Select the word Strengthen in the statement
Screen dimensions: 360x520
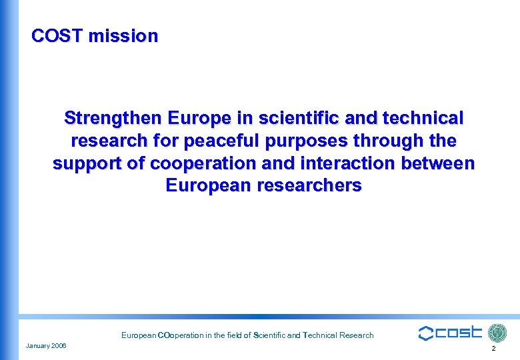pos(112,119)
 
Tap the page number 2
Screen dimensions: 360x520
pos(493,349)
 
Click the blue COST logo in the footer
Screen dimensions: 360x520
pos(450,333)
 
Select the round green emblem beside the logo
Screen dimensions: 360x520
pos(497,333)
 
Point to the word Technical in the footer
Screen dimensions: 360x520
pos(323,335)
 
